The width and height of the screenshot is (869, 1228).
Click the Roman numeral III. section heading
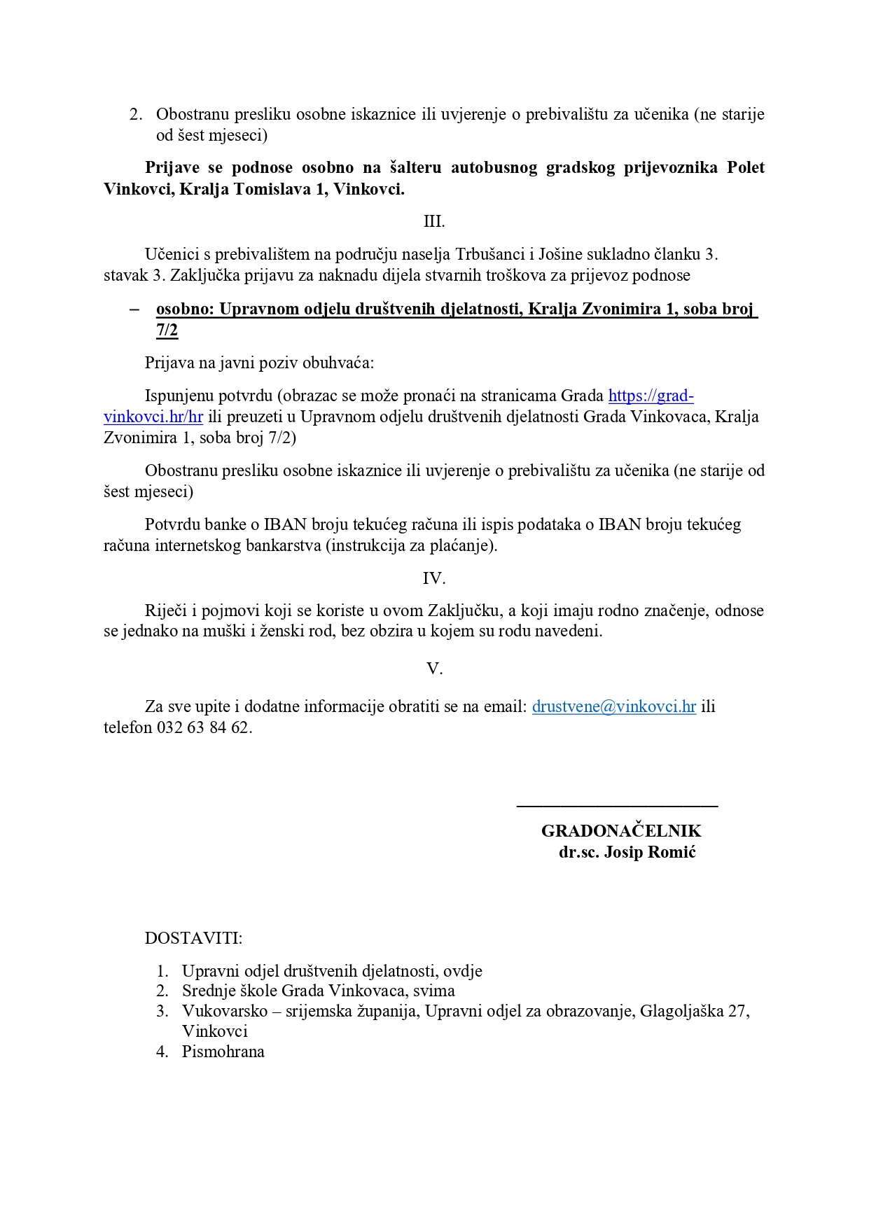434,222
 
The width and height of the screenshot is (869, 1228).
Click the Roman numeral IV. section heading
434,578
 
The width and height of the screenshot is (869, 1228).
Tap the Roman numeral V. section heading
434,669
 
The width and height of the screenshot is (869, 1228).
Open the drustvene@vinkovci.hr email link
613,706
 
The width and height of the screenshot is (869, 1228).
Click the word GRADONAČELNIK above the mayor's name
620,831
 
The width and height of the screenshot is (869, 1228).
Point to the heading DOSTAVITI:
193,938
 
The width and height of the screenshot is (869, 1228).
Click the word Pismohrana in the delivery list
223,1052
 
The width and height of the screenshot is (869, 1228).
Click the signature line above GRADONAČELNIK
617,807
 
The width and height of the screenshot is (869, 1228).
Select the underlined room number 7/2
167,330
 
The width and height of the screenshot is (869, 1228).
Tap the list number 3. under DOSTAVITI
162,1011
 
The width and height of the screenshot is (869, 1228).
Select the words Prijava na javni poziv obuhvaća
259,363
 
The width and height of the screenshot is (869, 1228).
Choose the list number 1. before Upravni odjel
162,971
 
